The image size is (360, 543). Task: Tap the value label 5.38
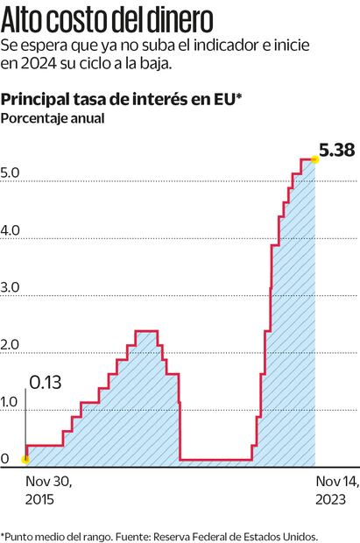pyautogui.click(x=336, y=151)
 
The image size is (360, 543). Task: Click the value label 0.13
pyautogui.click(x=46, y=382)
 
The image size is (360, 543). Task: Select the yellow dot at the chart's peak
pyautogui.click(x=314, y=159)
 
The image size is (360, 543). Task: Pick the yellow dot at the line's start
pyautogui.click(x=25, y=458)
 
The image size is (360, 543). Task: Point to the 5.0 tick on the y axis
pyautogui.click(x=11, y=173)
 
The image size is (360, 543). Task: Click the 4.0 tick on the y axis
pyautogui.click(x=11, y=230)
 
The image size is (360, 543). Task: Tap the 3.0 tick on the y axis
pyautogui.click(x=11, y=287)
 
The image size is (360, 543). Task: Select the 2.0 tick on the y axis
pyautogui.click(x=11, y=345)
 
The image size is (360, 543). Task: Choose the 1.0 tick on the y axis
pyautogui.click(x=11, y=402)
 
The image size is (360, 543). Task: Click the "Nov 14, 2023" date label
pyautogui.click(x=336, y=490)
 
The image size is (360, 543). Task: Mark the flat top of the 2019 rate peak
pyautogui.click(x=146, y=331)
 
